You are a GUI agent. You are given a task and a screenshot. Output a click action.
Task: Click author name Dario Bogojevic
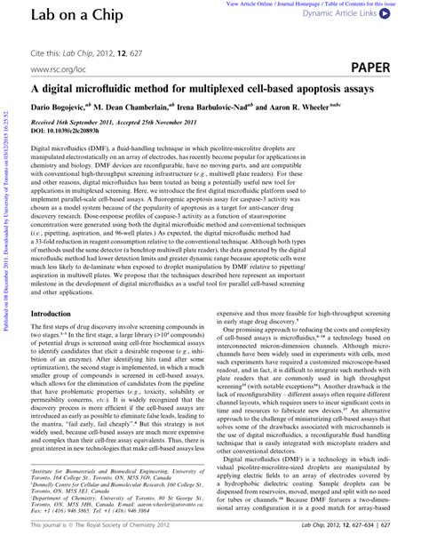click(x=68, y=105)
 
